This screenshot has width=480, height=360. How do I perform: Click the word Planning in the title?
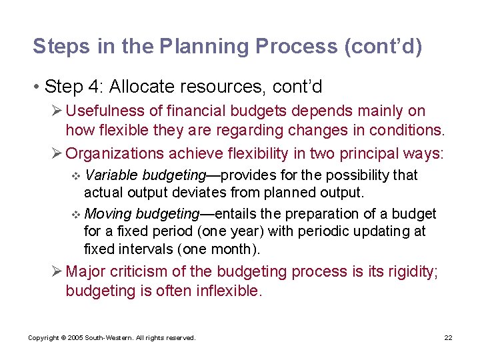(204, 47)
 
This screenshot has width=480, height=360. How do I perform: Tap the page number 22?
(448, 338)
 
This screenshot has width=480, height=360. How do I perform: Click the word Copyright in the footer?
(44, 338)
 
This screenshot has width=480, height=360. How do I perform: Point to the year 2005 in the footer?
(77, 338)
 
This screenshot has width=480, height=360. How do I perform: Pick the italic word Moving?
(108, 214)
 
